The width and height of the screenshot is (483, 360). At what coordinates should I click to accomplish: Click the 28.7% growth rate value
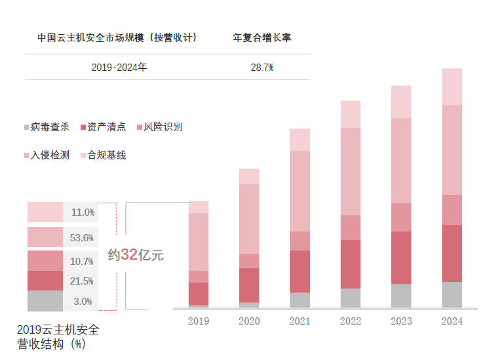(261, 68)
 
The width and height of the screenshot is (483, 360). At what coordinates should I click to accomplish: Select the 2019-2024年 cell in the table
(119, 68)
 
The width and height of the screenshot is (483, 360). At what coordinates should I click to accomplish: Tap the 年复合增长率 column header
(262, 38)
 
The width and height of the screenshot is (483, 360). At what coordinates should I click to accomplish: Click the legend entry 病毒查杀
(49, 127)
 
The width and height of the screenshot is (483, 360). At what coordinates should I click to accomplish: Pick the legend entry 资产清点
(106, 127)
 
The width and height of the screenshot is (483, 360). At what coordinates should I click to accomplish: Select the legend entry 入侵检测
(49, 155)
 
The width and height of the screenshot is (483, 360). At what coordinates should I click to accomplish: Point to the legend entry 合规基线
(106, 155)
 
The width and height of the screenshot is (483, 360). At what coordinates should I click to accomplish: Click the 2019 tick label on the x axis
(198, 321)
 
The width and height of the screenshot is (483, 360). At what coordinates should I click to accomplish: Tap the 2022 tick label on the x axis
(351, 321)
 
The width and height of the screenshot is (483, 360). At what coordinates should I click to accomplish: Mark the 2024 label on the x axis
(452, 321)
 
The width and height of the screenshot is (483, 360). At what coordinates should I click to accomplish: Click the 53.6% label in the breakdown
(82, 237)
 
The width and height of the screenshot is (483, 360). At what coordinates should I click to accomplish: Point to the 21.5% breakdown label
(82, 281)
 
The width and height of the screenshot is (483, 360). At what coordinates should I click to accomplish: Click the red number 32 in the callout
(129, 255)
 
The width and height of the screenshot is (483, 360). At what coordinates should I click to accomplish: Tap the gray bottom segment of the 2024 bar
(452, 294)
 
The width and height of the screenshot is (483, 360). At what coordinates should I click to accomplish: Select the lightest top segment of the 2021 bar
(299, 140)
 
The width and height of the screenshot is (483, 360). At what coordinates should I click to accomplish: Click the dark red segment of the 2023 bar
(401, 257)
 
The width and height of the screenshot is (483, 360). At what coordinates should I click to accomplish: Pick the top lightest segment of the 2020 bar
(249, 176)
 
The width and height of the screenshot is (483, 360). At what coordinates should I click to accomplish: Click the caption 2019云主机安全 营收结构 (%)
(58, 336)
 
